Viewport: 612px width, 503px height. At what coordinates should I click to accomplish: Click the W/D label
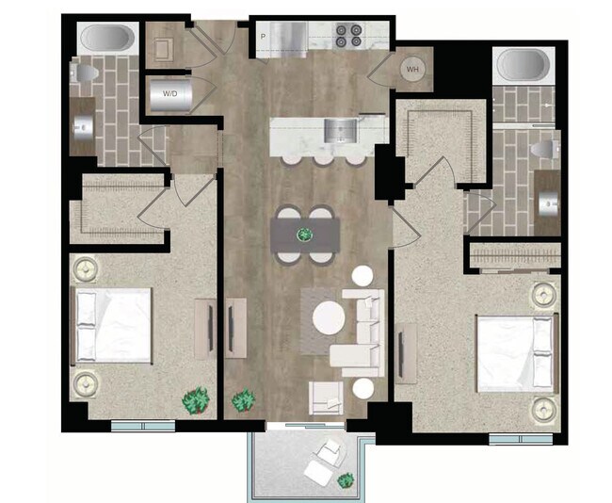coord(170,94)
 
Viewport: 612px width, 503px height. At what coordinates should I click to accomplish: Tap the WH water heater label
coord(412,69)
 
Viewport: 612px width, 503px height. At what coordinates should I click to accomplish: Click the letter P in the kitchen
coord(263,37)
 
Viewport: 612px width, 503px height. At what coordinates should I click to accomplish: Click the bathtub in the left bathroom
coord(105,39)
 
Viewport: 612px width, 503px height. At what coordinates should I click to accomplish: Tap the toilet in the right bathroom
coord(543,150)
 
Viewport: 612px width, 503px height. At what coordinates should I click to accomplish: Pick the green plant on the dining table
coord(304,234)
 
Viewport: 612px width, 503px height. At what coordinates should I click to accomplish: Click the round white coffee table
coord(330,317)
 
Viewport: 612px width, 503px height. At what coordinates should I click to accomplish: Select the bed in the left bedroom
coord(113,325)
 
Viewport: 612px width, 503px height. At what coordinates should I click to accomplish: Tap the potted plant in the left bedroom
coord(196,400)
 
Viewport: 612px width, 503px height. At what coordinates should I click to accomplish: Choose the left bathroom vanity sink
coord(81,123)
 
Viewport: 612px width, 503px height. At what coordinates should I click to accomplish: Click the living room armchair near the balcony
coord(326,397)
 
